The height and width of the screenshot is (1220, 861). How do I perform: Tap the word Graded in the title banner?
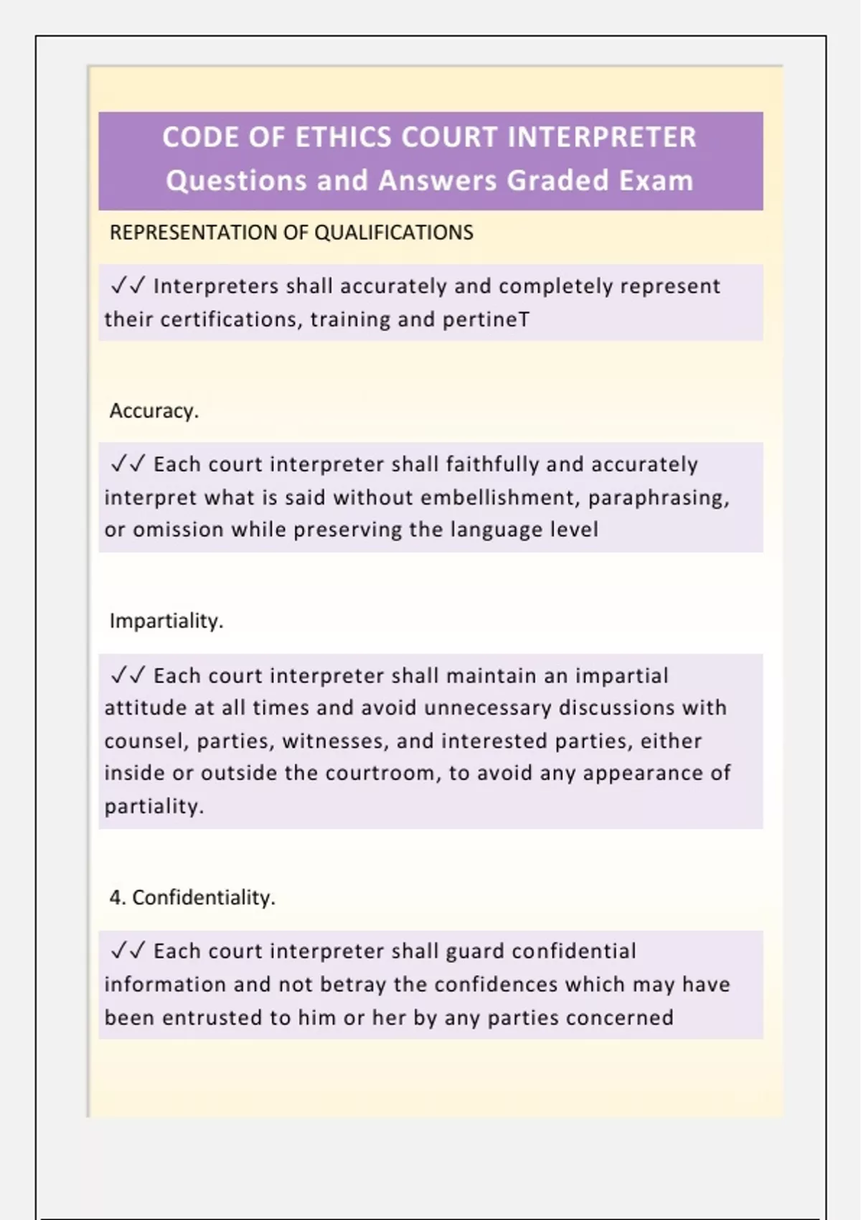(x=557, y=180)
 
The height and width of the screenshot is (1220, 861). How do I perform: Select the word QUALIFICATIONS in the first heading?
(x=394, y=233)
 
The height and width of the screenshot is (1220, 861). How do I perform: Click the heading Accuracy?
(x=154, y=410)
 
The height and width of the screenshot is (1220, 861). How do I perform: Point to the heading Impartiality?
(x=166, y=621)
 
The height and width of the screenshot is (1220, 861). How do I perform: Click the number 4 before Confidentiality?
(x=115, y=897)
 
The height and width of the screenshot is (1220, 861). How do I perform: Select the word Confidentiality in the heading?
(x=203, y=897)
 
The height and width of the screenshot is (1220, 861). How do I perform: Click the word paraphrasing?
(x=658, y=497)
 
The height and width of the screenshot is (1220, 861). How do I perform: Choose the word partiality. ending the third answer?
(x=154, y=806)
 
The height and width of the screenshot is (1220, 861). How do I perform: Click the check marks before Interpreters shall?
(x=128, y=286)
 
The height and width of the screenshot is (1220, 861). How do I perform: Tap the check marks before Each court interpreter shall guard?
(x=128, y=951)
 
